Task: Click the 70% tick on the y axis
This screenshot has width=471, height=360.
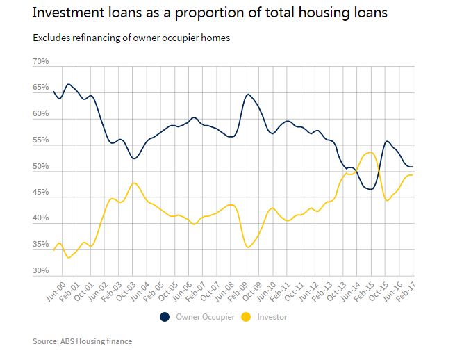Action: click(x=40, y=62)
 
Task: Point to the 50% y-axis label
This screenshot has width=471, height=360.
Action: click(x=40, y=167)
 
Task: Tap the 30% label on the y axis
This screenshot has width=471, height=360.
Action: click(x=40, y=271)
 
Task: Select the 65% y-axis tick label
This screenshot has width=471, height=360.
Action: click(x=40, y=88)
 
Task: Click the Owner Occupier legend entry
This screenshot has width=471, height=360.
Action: click(x=205, y=317)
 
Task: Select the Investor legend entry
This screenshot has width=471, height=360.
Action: click(x=272, y=317)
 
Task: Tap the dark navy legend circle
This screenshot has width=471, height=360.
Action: click(x=165, y=317)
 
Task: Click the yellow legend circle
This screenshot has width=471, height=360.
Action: click(x=246, y=317)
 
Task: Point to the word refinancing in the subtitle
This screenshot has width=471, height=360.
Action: click(x=91, y=38)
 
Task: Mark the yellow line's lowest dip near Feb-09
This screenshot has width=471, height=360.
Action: click(x=248, y=247)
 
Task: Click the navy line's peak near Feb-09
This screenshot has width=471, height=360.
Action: click(x=248, y=94)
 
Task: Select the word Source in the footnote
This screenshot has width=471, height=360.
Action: click(x=44, y=341)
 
